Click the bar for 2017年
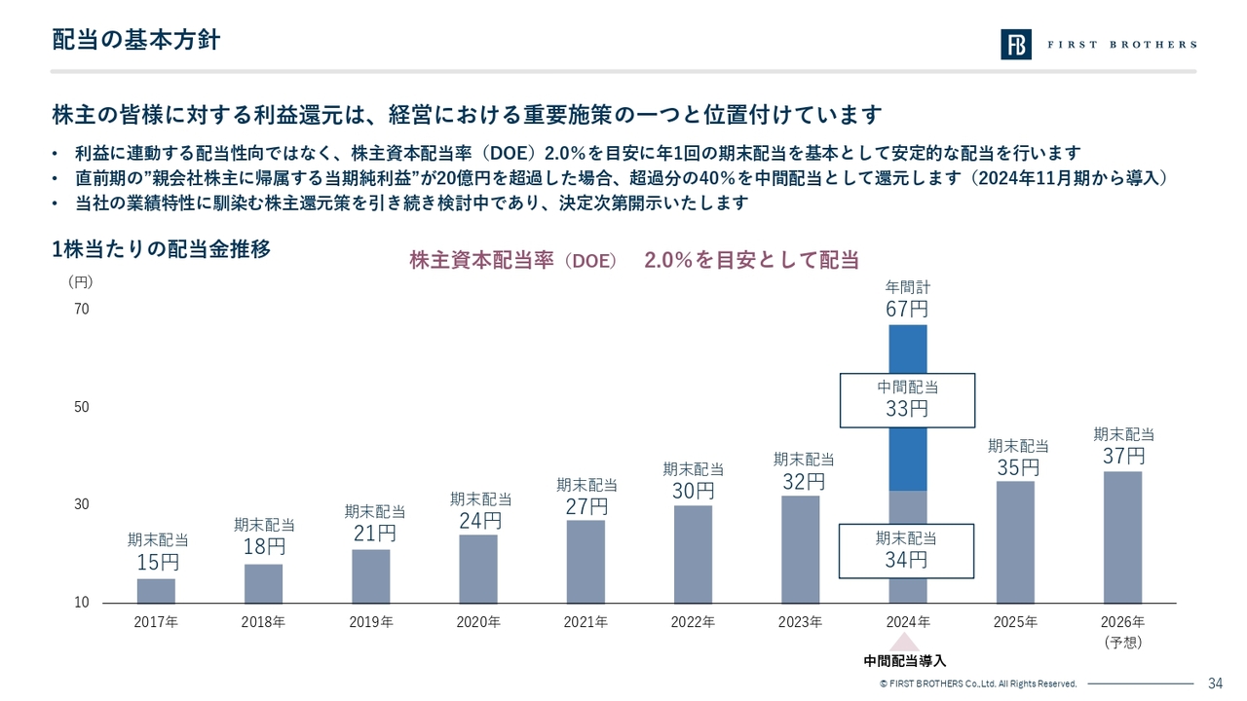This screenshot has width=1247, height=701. coord(156,591)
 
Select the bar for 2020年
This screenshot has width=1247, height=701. coord(478,569)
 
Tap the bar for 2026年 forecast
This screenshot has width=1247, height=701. coord(1122,537)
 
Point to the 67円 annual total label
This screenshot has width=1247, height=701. coord(907,310)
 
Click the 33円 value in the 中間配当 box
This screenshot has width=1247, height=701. coord(907,409)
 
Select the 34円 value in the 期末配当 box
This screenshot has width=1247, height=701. coord(907,560)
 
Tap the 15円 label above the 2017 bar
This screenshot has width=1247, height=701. coord(157,563)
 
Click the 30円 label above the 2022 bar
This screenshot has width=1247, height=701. coord(694,491)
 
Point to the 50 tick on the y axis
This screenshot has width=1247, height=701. coord(81,407)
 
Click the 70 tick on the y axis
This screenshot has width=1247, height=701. coord(81,310)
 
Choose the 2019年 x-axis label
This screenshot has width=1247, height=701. coord(371,621)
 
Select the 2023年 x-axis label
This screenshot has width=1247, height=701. coord(801,621)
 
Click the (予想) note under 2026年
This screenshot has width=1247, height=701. coord(1122,643)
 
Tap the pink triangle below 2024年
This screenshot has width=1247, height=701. coord(905,642)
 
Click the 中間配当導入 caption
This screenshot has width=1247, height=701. coord(905,662)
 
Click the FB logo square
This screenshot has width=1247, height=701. coord(1016,45)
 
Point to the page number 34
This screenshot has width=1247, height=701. coord(1215,683)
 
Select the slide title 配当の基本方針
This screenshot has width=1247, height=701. coord(135,41)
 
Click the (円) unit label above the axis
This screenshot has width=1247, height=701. coord(81,281)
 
